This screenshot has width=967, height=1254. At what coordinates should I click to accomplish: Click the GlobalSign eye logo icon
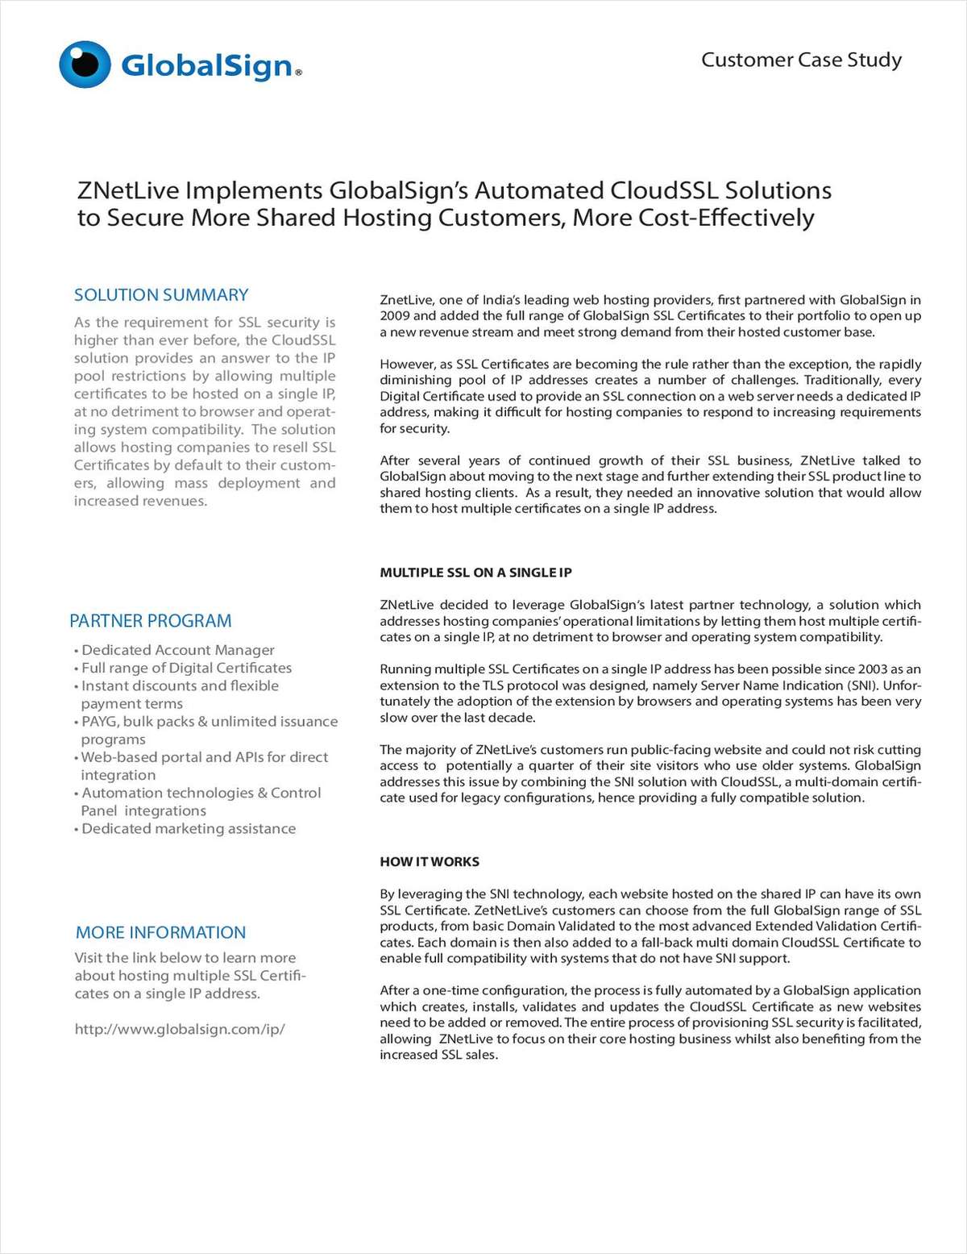85,64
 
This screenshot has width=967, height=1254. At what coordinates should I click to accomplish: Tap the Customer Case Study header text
801,60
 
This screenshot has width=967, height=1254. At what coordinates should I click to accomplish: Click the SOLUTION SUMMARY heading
161,295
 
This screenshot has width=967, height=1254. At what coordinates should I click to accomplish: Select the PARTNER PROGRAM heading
151,621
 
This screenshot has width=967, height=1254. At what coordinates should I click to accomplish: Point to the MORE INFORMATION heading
160,932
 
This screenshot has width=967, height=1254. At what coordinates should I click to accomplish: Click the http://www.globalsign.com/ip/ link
179,1029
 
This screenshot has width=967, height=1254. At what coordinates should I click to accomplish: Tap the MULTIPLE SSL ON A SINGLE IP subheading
475,573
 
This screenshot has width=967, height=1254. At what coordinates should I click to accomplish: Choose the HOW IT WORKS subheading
430,861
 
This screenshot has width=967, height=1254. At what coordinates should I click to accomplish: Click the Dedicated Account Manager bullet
177,650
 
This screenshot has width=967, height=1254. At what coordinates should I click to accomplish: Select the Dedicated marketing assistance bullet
188,829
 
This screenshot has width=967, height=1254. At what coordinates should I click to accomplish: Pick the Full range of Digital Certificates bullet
186,668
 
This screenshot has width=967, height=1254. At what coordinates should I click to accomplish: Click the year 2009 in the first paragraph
395,316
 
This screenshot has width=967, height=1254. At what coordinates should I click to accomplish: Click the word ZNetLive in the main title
130,191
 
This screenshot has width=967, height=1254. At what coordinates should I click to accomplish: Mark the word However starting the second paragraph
405,365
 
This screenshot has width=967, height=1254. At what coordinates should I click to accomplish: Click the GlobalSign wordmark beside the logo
206,65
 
